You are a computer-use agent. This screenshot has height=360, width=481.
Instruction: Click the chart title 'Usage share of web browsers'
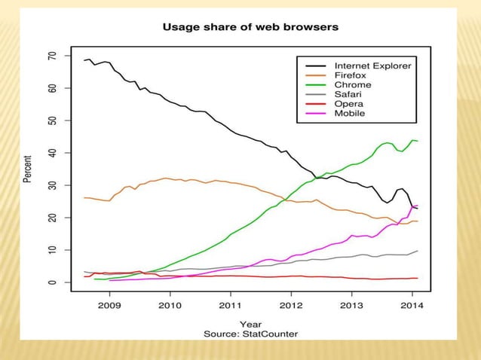point(240,27)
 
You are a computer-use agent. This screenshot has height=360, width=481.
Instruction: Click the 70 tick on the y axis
point(52,56)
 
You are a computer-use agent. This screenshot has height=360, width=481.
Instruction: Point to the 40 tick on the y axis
point(52,153)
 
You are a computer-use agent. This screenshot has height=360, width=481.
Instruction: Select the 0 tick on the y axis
point(52,282)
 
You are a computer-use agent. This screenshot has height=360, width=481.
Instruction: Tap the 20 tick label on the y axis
point(52,218)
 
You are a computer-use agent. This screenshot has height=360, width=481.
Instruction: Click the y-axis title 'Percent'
point(29,169)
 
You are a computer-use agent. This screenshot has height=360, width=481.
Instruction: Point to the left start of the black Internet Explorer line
point(84,60)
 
